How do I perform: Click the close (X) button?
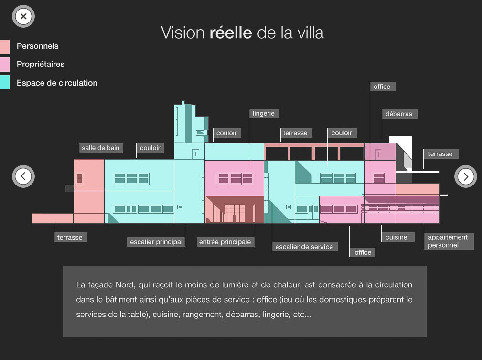click(x=23, y=17)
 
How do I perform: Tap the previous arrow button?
click(x=23, y=176)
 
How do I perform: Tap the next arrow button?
click(x=466, y=176)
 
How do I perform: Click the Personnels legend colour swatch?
click(x=4, y=46)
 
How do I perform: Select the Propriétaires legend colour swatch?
click(x=4, y=64)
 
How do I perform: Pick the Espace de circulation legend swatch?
click(x=4, y=82)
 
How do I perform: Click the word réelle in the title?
click(x=231, y=33)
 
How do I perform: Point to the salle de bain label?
click(x=100, y=148)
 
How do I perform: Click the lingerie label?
click(x=264, y=113)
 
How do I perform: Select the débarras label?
click(x=399, y=114)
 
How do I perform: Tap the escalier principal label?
click(x=157, y=242)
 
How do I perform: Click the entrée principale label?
click(x=225, y=242)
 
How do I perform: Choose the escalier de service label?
click(x=304, y=247)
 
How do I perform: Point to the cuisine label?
click(x=396, y=237)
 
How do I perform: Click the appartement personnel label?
click(x=448, y=241)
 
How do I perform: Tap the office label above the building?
click(x=382, y=87)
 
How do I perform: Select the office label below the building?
click(x=363, y=252)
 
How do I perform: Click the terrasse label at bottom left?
click(x=70, y=237)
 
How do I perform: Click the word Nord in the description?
click(x=125, y=285)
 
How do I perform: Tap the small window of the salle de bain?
click(x=79, y=179)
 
